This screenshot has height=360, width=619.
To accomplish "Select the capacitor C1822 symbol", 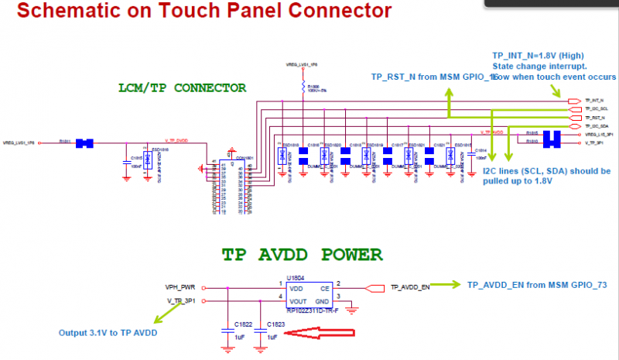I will (227, 331).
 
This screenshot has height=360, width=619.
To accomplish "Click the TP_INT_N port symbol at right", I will (574, 101).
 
